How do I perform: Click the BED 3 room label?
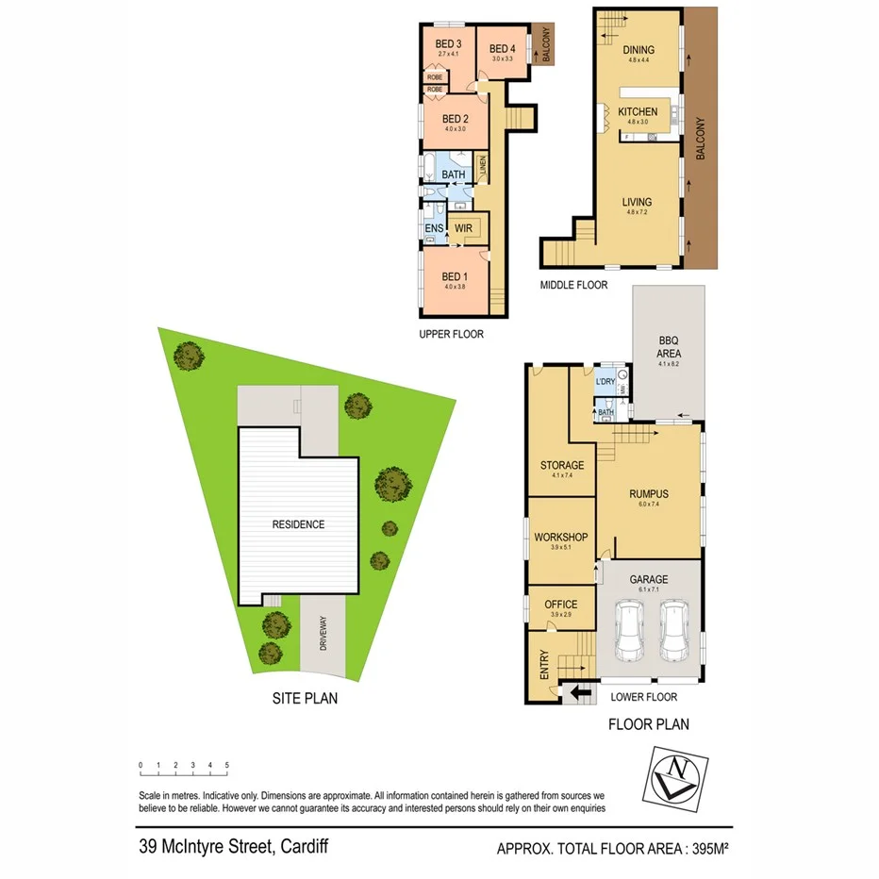(x=448, y=44)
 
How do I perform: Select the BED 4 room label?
(x=502, y=49)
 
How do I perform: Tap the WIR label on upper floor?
(x=462, y=227)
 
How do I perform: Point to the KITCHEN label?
(x=638, y=111)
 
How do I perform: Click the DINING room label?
(x=639, y=51)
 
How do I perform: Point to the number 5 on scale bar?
(x=226, y=765)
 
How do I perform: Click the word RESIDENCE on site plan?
(x=298, y=524)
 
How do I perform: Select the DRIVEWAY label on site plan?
(x=323, y=636)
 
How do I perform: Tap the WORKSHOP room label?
(x=560, y=537)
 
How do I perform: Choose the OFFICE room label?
(x=560, y=605)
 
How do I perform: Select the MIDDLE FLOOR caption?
(x=573, y=285)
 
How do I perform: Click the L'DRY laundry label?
(x=605, y=381)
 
